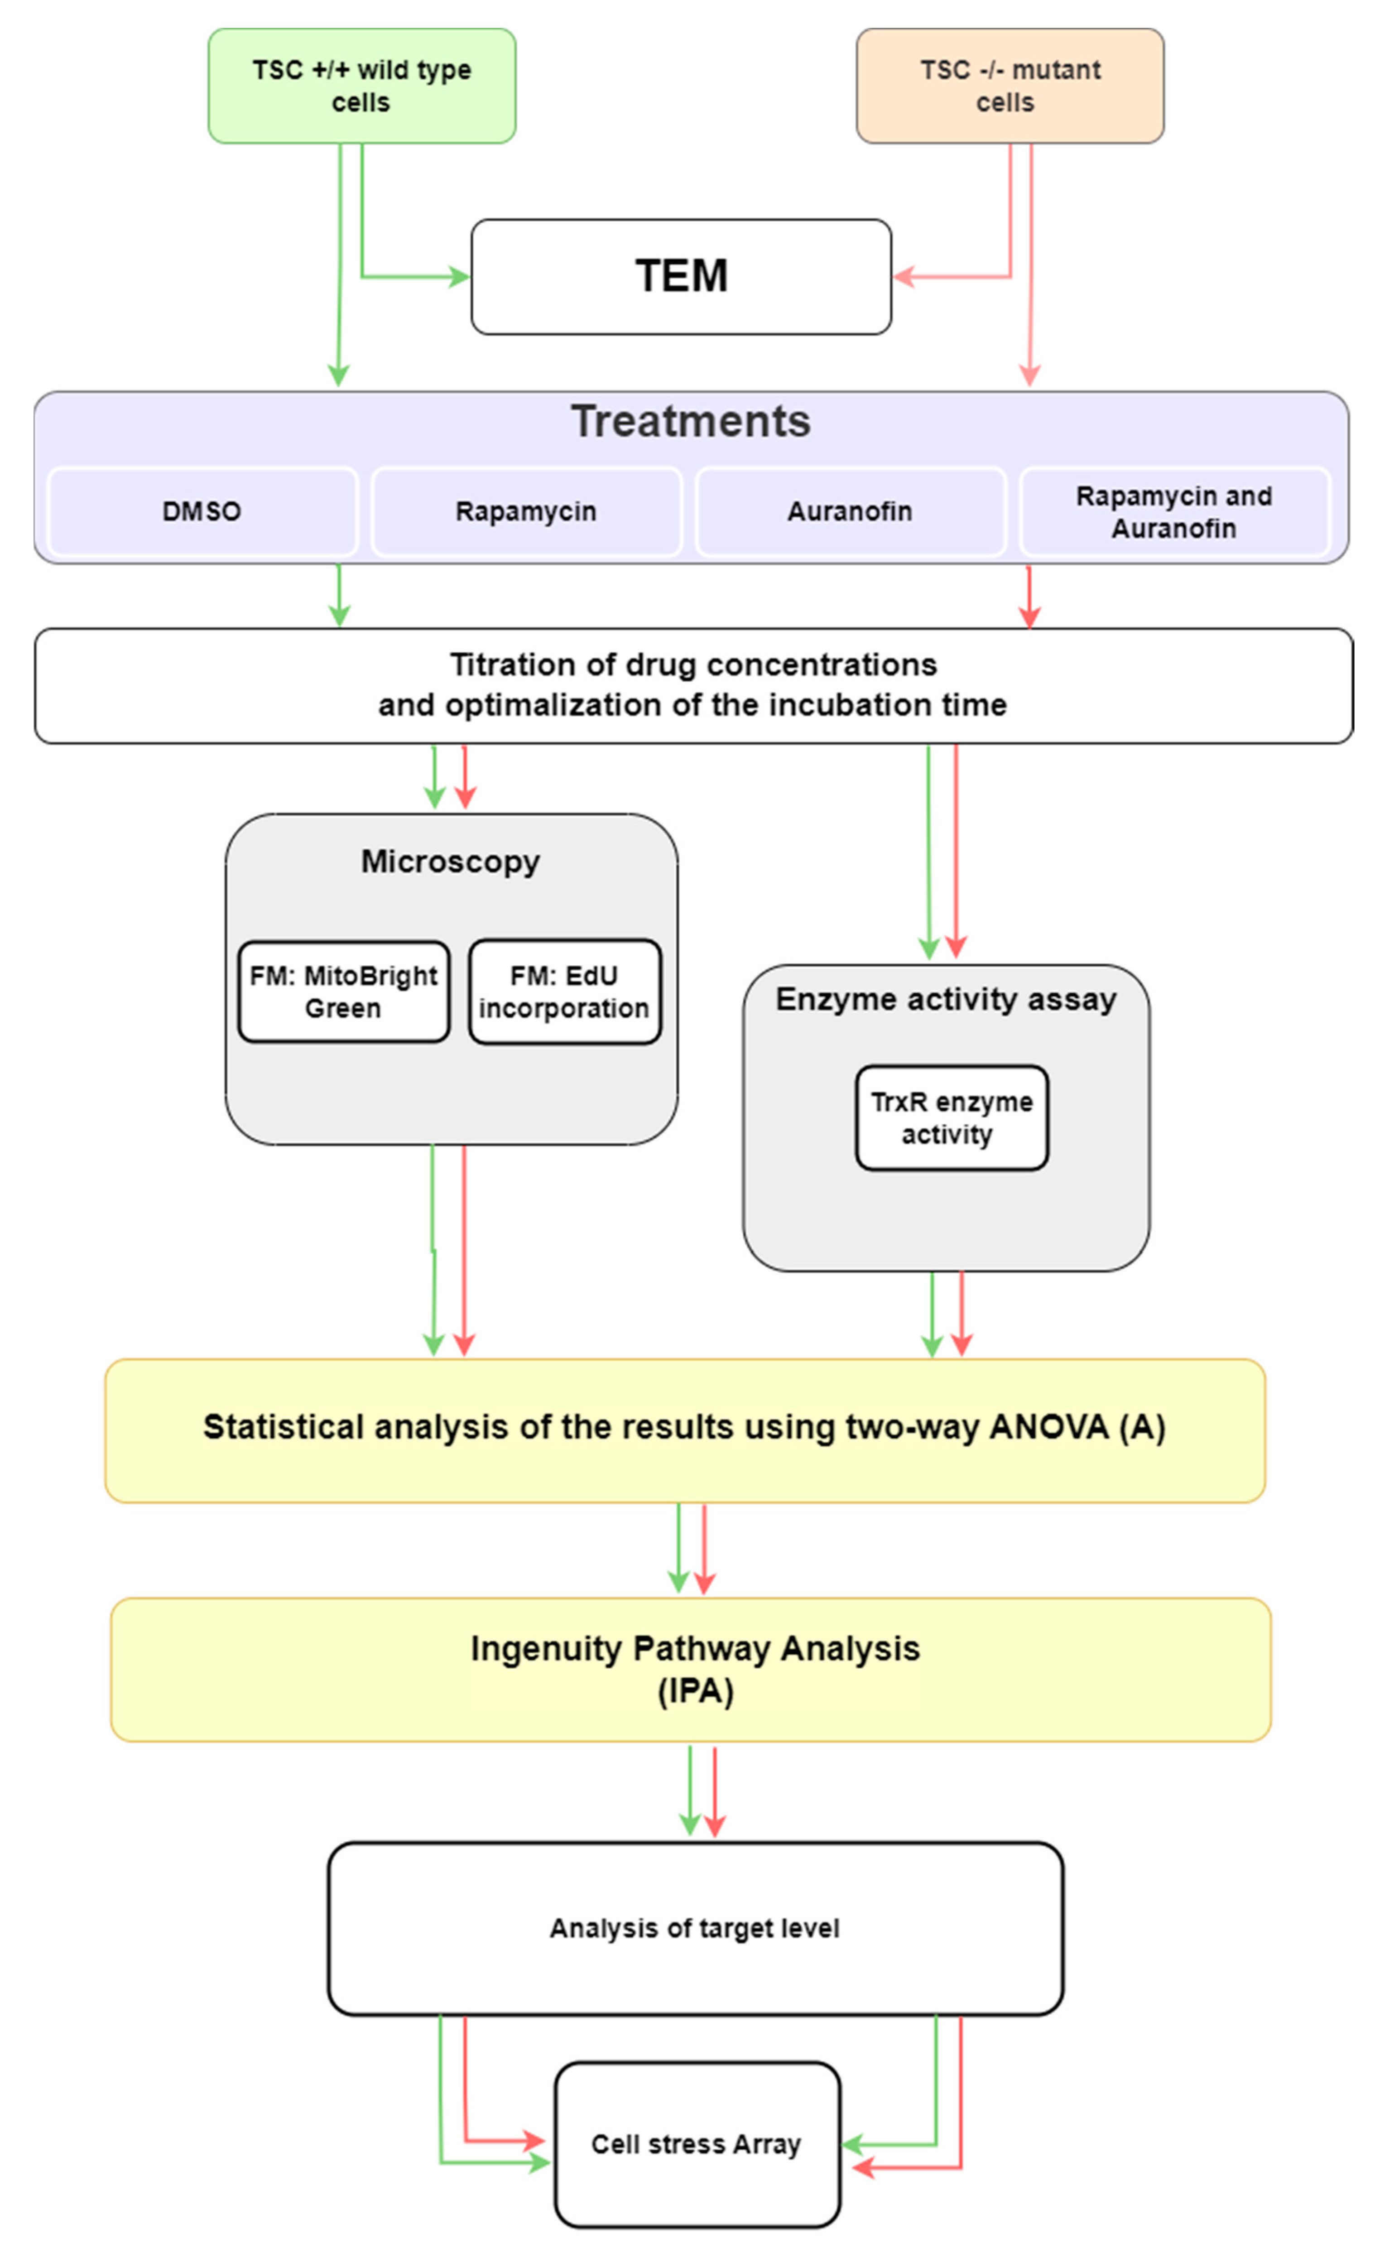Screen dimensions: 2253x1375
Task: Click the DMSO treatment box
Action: point(202,511)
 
